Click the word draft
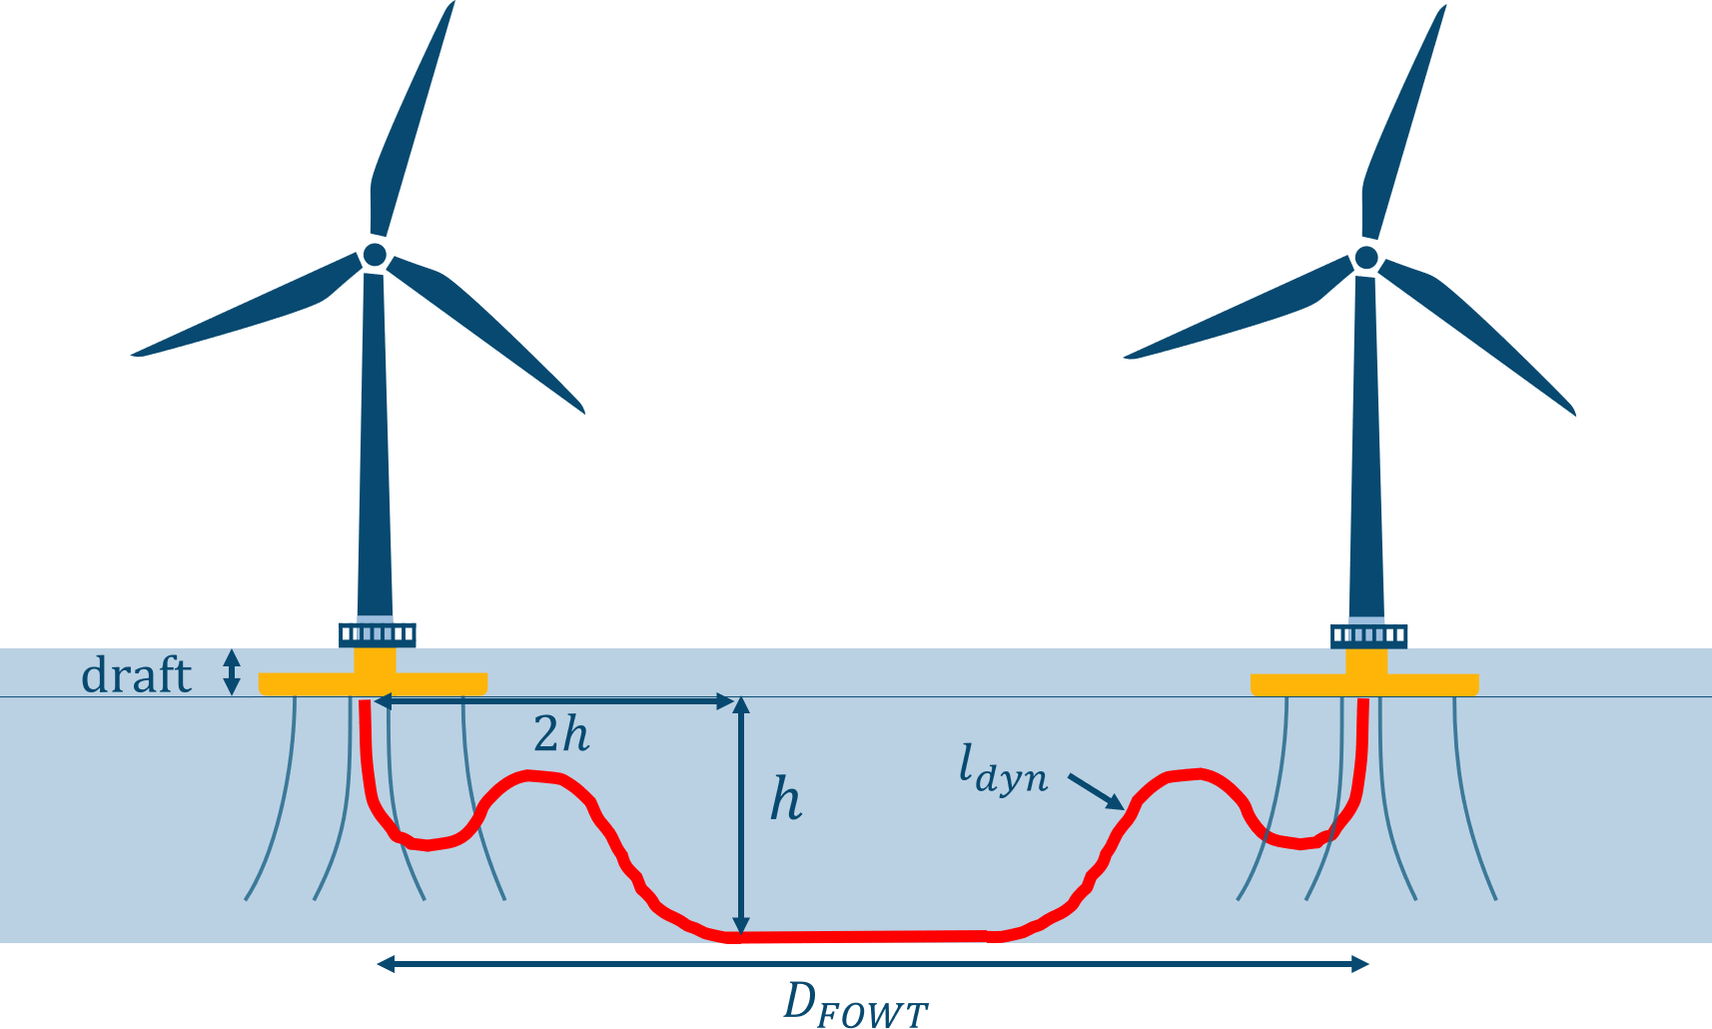pyautogui.click(x=136, y=675)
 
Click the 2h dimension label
pyautogui.click(x=561, y=735)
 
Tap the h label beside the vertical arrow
pyautogui.click(x=786, y=800)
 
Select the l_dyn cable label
pyautogui.click(x=1003, y=770)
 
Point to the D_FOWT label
pyautogui.click(x=855, y=1003)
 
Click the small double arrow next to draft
pyautogui.click(x=232, y=672)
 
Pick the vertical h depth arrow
pyautogui.click(x=740, y=814)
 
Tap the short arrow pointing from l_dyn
pyautogui.click(x=1096, y=791)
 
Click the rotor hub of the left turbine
pyautogui.click(x=375, y=255)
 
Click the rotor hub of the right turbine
pyautogui.click(x=1366, y=258)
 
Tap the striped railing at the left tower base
pyautogui.click(x=377, y=634)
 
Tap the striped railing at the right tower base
pyautogui.click(x=1368, y=635)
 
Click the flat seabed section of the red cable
pyautogui.click(x=864, y=936)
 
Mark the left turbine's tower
pyautogui.click(x=375, y=450)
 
